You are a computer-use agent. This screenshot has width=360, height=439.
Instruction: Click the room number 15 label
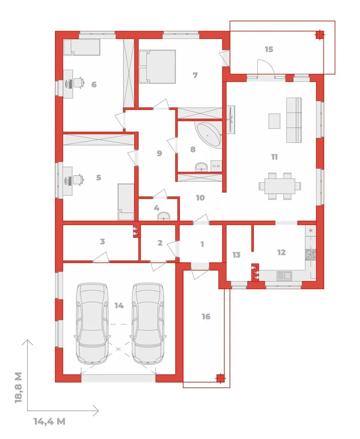pos(269,49)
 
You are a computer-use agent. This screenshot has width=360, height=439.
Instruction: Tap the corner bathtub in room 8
pos(209,135)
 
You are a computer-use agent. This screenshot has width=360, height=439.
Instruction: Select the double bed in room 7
pos(157,67)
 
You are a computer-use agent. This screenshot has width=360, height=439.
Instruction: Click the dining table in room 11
pos(280,186)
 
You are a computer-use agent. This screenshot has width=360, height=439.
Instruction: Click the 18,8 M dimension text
pos(18,387)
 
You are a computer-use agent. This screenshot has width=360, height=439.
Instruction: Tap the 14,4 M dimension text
pos(50,421)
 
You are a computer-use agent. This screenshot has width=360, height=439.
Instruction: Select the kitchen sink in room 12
pos(284,276)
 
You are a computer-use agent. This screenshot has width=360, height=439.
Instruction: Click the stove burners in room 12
pos(310,255)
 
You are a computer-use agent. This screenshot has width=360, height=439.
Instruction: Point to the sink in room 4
pos(163,216)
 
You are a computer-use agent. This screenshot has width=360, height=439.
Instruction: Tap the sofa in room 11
pos(294,120)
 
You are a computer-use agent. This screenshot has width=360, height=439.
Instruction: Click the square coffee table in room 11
pos(274,121)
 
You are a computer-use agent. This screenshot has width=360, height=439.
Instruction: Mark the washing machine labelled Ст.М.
pos(217,166)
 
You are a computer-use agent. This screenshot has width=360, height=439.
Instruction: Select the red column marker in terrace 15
pos(319,35)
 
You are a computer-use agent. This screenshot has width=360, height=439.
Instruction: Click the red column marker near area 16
pos(221,378)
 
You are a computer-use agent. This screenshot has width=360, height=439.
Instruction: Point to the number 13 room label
pos(236,255)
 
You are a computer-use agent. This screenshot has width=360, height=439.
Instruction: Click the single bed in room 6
pos(82,47)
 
